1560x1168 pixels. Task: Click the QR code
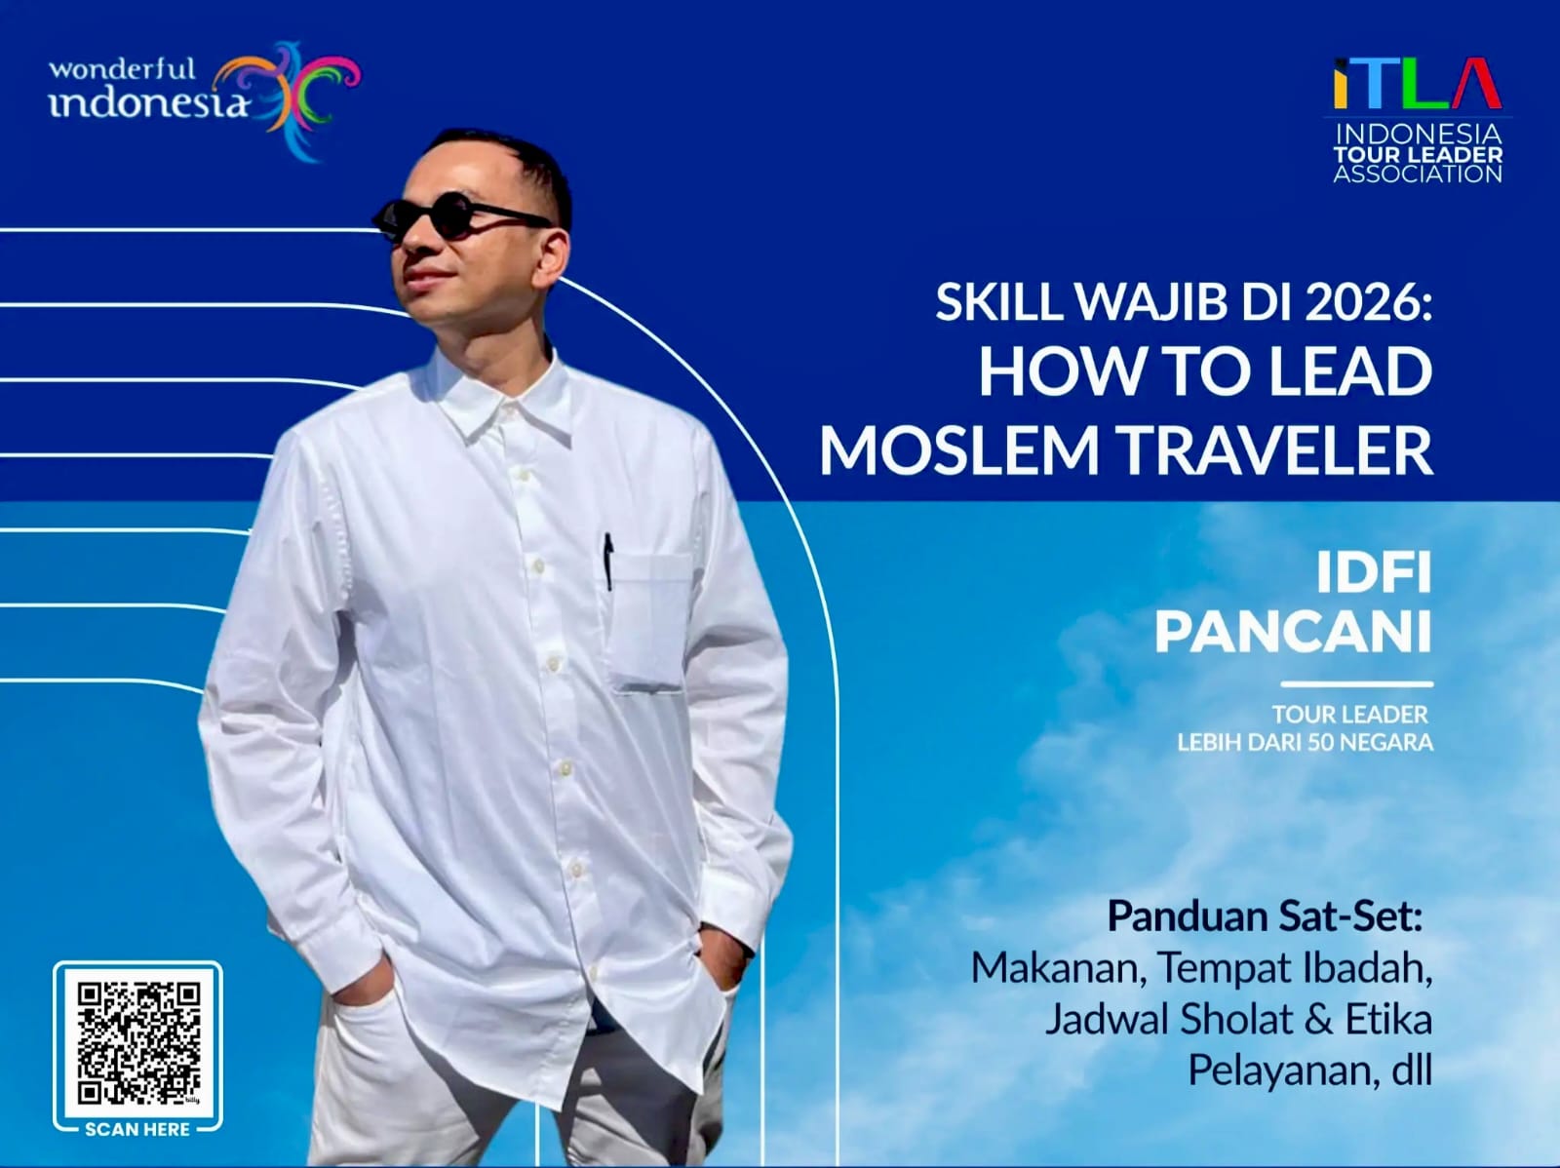click(x=137, y=1043)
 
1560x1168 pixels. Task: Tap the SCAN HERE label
click(x=137, y=1129)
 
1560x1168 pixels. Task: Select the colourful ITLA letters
click(x=1417, y=84)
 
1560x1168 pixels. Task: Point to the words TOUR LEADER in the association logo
click(x=1418, y=155)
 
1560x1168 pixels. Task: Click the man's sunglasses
click(x=458, y=216)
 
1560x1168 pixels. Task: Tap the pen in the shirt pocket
click(x=608, y=562)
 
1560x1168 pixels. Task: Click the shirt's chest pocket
click(x=649, y=622)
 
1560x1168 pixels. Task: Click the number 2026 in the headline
click(x=1367, y=301)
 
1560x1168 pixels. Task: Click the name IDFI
click(x=1373, y=572)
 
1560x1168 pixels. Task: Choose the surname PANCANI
click(x=1293, y=632)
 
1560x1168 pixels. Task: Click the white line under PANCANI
click(x=1357, y=684)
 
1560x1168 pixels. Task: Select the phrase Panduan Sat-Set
click(x=1265, y=915)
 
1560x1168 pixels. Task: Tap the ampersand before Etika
click(x=1319, y=1020)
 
